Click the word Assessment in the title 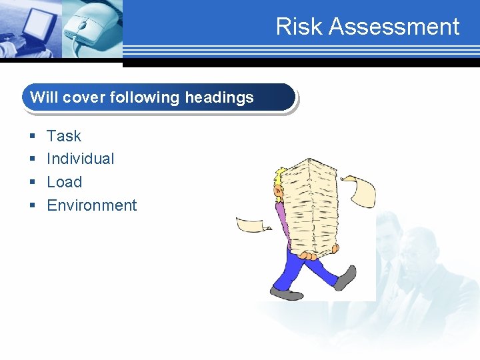tap(394, 27)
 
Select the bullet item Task tap(64, 136)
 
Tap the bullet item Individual tap(80, 159)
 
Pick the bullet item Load tap(64, 182)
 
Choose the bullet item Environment tap(91, 205)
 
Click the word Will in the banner tap(44, 97)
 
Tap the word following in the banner tap(143, 97)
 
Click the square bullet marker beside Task tap(32, 137)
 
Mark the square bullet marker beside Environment tap(32, 206)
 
